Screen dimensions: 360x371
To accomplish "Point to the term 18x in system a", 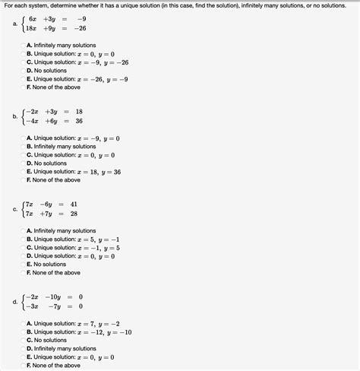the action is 33,30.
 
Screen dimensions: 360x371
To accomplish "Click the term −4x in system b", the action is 32,121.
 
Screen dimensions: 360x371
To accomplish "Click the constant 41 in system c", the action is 74,204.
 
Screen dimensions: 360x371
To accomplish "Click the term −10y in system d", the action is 53,296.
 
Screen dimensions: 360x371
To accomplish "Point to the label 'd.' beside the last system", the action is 15,301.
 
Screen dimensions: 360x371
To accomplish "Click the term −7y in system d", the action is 54,306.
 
